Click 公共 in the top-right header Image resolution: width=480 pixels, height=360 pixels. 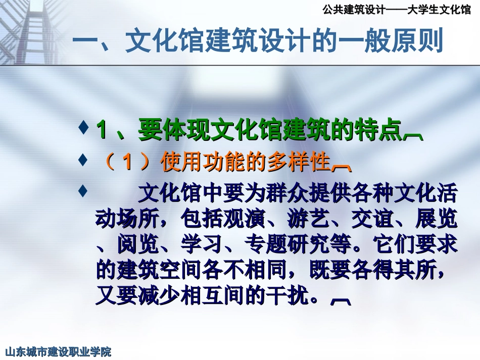[x=331, y=9]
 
